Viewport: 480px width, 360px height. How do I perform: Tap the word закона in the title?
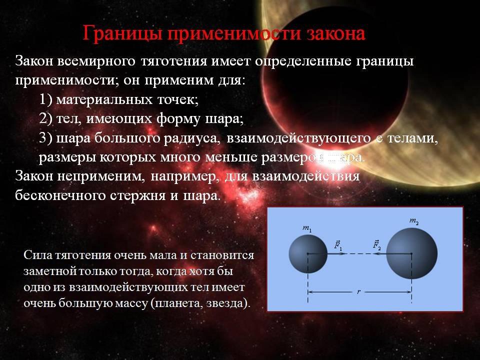[x=336, y=33]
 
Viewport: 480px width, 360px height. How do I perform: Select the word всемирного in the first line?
[x=96, y=61]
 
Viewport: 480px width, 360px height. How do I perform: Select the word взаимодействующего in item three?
[x=299, y=138]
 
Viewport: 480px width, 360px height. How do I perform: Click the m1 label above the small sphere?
[x=307, y=228]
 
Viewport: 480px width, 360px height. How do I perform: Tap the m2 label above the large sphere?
[x=414, y=221]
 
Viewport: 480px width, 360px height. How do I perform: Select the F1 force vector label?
[x=338, y=245]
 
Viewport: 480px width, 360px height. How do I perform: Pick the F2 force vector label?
[x=377, y=245]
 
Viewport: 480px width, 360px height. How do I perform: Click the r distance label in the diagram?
[x=359, y=292]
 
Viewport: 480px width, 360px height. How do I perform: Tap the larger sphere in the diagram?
[x=411, y=254]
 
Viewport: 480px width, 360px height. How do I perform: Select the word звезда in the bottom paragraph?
[x=225, y=303]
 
